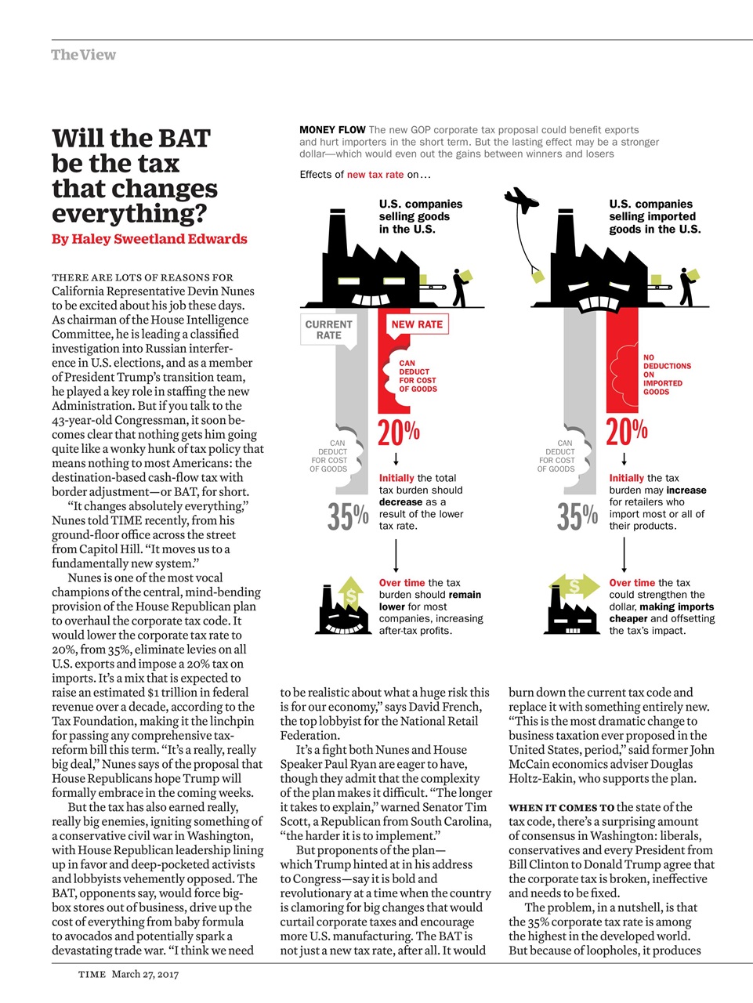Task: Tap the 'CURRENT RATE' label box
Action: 328,330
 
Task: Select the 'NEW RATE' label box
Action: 417,324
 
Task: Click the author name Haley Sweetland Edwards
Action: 159,239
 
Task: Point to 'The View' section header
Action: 83,55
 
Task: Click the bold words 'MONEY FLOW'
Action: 332,130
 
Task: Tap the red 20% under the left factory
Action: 399,432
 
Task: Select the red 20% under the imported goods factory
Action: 627,432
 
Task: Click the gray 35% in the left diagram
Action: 348,516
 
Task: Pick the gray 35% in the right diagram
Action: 577,516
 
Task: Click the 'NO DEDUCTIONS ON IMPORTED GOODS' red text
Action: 667,375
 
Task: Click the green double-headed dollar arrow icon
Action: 574,586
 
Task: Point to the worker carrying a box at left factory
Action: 460,287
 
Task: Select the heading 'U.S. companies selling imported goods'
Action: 654,216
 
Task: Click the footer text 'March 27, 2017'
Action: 145,974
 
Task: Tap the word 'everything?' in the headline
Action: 129,213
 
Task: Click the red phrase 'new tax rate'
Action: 375,175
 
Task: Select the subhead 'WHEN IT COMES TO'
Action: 561,807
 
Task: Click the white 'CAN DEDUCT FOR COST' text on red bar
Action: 417,376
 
